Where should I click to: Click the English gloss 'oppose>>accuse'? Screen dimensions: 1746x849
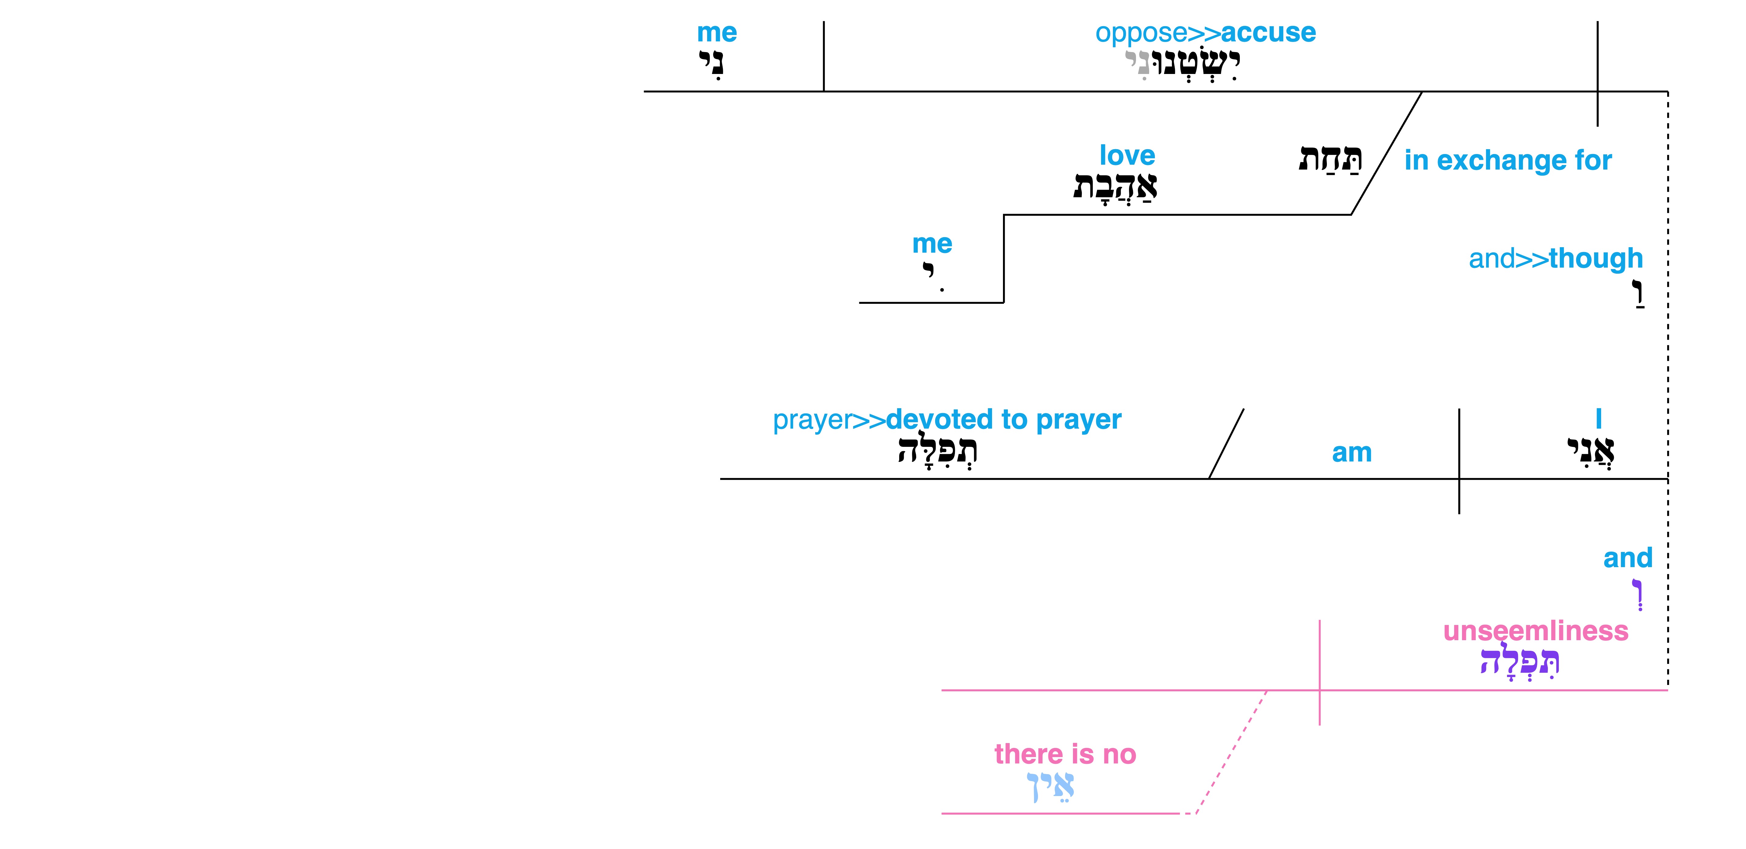coord(1205,33)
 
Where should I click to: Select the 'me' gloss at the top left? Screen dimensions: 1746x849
coord(717,33)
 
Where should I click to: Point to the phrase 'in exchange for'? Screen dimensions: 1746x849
coord(1508,161)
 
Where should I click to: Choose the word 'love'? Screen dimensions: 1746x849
coord(1127,155)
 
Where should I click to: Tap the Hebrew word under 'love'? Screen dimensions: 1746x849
coord(1115,186)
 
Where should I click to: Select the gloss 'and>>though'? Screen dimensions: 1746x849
coord(1555,258)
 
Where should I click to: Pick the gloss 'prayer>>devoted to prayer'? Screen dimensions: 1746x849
coord(947,419)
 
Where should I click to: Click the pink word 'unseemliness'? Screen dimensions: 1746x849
coord(1535,631)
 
